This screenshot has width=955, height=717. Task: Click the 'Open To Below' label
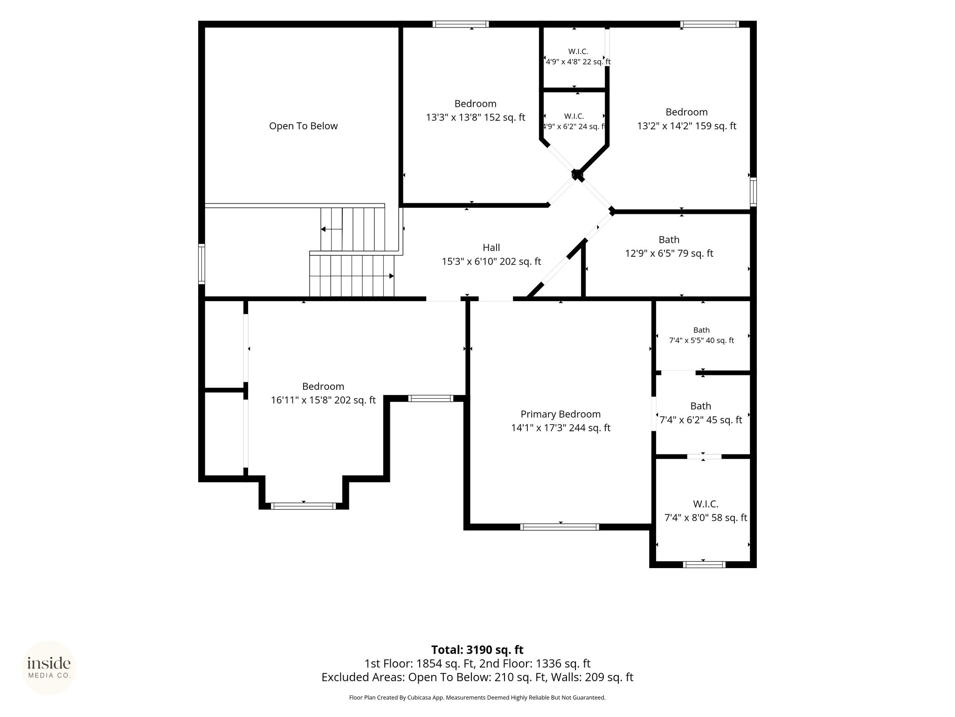coord(303,126)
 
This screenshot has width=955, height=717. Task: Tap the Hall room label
coord(491,248)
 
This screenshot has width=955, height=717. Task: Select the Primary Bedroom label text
coord(561,414)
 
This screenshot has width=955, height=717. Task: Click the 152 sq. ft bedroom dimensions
coord(475,118)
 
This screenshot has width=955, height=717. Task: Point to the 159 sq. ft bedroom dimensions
coord(687,126)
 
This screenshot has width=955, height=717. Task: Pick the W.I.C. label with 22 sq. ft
coord(578,51)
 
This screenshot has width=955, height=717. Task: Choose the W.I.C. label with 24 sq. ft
coord(574,116)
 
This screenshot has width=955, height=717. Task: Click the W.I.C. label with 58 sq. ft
coord(706,504)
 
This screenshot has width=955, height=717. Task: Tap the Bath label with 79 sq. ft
coord(669,240)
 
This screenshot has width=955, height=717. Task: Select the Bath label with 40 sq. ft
coord(701,330)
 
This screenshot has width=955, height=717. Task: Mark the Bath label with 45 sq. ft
coord(701,406)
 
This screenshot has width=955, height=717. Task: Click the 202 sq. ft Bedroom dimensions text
coord(323,400)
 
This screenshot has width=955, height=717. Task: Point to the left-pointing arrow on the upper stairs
coord(332,229)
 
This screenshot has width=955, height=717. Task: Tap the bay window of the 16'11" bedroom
coord(303,506)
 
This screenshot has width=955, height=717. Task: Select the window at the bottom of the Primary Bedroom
coord(560,527)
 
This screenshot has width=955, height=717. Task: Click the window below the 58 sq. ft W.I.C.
coord(704,564)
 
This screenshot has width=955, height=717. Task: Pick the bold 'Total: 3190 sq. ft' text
coord(477,650)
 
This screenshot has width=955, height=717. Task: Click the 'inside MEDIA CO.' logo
coord(49,668)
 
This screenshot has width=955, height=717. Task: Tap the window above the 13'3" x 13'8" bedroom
coord(461,24)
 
